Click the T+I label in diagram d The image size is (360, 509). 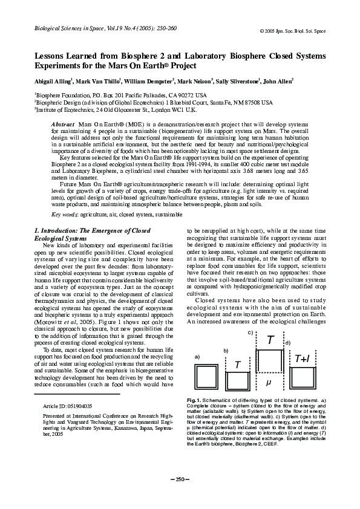pyautogui.click(x=302, y=358)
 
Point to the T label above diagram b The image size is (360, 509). pyautogui.click(x=238, y=365)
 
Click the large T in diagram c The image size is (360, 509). pyautogui.click(x=269, y=341)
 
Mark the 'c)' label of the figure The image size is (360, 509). pyautogui.click(x=250, y=332)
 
